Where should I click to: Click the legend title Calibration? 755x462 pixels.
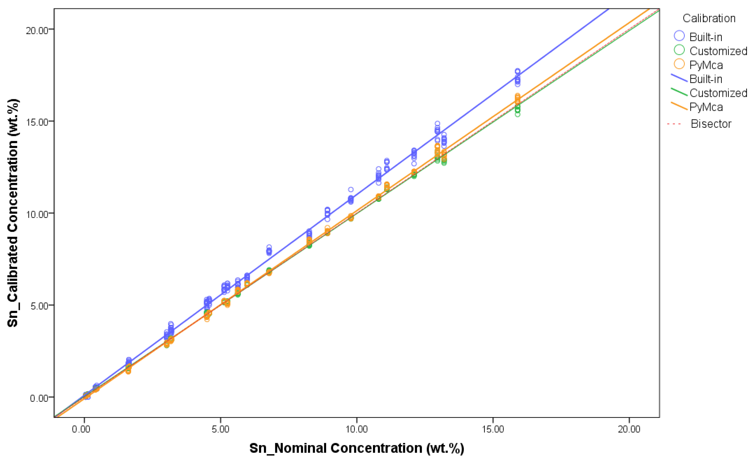tap(709, 18)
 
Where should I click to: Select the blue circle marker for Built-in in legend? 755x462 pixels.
tap(679, 36)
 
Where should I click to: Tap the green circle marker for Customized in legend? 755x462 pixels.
tap(679, 50)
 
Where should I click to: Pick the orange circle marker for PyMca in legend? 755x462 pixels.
tap(679, 64)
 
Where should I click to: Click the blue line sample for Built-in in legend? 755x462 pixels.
tap(679, 78)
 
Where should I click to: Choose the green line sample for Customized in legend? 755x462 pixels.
tap(679, 92)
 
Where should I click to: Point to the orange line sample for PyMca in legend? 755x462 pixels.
tap(679, 106)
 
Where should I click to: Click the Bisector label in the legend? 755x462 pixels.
tap(711, 124)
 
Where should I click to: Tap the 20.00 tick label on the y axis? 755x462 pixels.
tap(37, 31)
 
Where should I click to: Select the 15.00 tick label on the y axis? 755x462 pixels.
tap(37, 122)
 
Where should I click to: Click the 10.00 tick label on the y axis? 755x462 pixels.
tap(37, 214)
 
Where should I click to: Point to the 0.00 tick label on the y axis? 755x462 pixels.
tap(39, 398)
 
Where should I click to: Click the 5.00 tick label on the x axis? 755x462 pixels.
tap(220, 429)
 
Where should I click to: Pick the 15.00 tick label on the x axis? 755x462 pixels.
tap(492, 429)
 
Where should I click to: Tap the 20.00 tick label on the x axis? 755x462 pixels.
tap(629, 429)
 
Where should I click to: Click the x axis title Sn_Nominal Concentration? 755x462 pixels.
tap(356, 448)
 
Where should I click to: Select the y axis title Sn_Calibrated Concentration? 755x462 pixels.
tap(13, 213)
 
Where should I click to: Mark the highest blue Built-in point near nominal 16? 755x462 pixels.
tap(518, 71)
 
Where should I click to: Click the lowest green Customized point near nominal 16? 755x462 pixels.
tap(518, 114)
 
